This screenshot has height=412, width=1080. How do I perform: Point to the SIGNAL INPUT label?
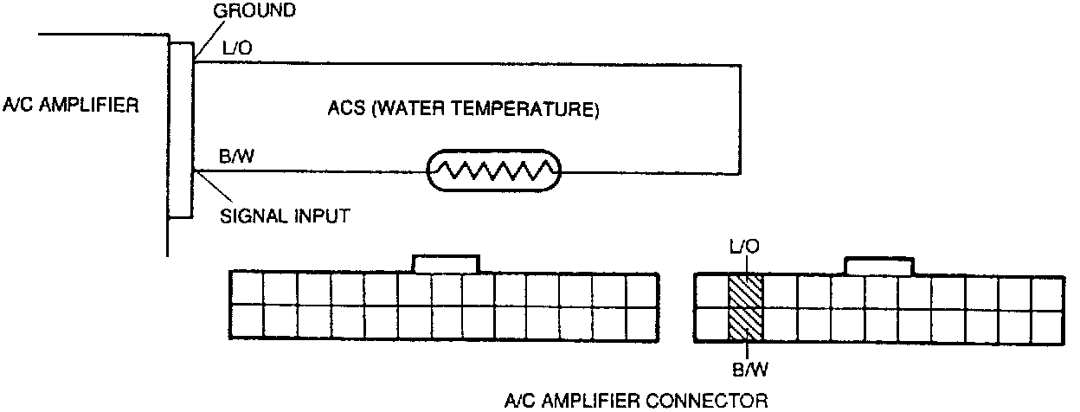pyautogui.click(x=286, y=216)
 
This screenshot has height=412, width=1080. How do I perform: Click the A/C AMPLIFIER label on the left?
pyautogui.click(x=70, y=106)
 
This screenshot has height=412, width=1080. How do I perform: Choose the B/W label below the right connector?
pyautogui.click(x=745, y=371)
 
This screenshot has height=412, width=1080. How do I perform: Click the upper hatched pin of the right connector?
pyautogui.click(x=744, y=291)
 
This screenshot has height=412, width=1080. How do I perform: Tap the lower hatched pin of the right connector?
pyautogui.click(x=744, y=324)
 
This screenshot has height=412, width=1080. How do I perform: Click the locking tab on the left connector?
pyautogui.click(x=445, y=263)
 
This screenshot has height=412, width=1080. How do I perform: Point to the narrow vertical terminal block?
pyautogui.click(x=180, y=130)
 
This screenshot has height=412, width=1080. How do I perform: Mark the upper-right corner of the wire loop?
pyautogui.click(x=741, y=62)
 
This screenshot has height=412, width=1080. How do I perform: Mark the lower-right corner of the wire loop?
pyautogui.click(x=741, y=171)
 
